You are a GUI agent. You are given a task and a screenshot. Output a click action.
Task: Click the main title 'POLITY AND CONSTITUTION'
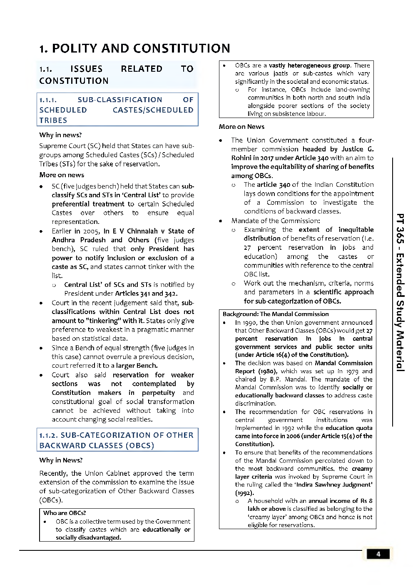[141, 48]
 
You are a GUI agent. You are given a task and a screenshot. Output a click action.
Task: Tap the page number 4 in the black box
[378, 554]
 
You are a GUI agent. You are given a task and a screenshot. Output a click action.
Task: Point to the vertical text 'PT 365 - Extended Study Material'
[400, 292]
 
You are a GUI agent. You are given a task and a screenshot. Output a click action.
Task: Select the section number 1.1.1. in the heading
[48, 100]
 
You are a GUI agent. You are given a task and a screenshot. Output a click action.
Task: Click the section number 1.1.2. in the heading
[48, 435]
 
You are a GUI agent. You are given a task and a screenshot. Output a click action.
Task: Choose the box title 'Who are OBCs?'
[65, 513]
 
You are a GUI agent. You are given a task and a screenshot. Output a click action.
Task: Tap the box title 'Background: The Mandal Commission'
[276, 314]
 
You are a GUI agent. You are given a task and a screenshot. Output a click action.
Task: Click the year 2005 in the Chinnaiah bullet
[91, 231]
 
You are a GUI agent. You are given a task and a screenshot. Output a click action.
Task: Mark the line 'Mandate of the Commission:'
[276, 221]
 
